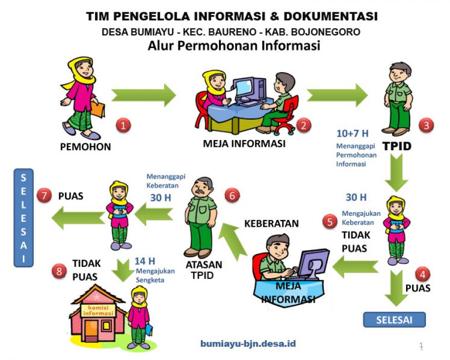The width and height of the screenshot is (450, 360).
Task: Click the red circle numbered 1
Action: click(123, 124)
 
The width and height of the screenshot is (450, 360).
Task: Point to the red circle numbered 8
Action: click(60, 271)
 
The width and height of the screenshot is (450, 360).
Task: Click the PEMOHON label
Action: click(85, 147)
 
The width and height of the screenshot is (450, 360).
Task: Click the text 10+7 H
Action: click(352, 134)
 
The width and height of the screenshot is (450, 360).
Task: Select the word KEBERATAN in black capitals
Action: click(272, 223)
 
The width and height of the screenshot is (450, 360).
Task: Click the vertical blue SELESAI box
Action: click(24, 218)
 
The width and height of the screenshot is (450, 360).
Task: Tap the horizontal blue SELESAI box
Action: click(394, 320)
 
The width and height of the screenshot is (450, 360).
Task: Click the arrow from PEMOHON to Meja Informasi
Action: click(144, 96)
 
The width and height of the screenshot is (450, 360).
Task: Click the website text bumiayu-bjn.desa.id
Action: click(247, 344)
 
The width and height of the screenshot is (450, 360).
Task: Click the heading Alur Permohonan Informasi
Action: click(234, 46)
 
